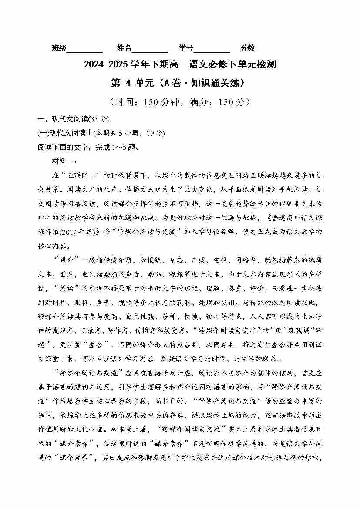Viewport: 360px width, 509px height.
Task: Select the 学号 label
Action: (186, 48)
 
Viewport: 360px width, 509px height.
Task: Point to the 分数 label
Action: (248, 48)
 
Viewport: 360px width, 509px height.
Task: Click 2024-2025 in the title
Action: (105, 65)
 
